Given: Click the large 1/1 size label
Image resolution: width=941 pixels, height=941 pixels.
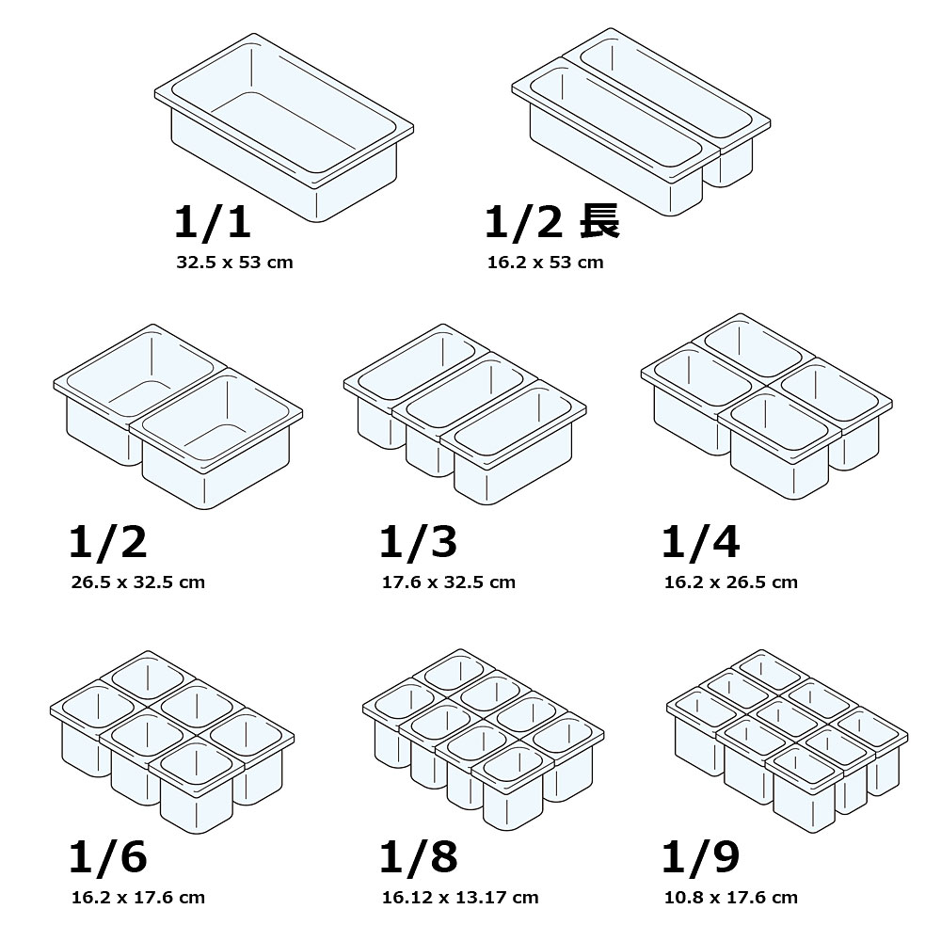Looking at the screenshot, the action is click(x=213, y=221).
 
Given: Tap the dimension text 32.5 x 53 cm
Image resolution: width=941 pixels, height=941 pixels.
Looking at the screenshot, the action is click(x=234, y=263).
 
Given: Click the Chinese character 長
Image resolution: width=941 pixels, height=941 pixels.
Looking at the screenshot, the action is click(x=598, y=221).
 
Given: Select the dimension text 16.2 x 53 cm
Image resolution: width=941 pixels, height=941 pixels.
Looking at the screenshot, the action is click(x=545, y=263).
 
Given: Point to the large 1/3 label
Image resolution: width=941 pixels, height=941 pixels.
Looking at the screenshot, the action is click(x=419, y=541).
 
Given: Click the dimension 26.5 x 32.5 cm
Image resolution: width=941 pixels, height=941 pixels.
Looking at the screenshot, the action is click(x=138, y=582).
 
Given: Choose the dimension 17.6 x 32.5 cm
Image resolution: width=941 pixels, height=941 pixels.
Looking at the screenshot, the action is click(x=448, y=582).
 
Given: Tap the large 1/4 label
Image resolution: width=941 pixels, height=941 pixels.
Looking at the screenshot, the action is click(x=700, y=541).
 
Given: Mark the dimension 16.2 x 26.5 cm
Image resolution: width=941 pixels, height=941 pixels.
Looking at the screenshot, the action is click(x=731, y=582).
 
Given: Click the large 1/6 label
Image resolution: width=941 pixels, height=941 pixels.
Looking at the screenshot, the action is click(x=108, y=856).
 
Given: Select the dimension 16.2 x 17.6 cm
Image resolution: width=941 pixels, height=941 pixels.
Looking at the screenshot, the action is click(x=138, y=898).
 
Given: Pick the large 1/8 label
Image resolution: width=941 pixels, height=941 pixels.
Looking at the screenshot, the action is click(x=419, y=856).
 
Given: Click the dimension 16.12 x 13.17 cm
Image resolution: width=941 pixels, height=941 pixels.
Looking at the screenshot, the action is click(x=460, y=898).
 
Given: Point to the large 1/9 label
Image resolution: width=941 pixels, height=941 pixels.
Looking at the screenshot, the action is click(x=700, y=856).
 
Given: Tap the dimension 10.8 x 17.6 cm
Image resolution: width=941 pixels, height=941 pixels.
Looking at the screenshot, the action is click(x=731, y=898).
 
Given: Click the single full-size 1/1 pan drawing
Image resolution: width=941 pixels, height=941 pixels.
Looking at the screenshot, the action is click(x=284, y=127).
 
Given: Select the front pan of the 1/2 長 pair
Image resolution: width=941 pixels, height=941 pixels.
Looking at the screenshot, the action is click(x=615, y=135).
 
